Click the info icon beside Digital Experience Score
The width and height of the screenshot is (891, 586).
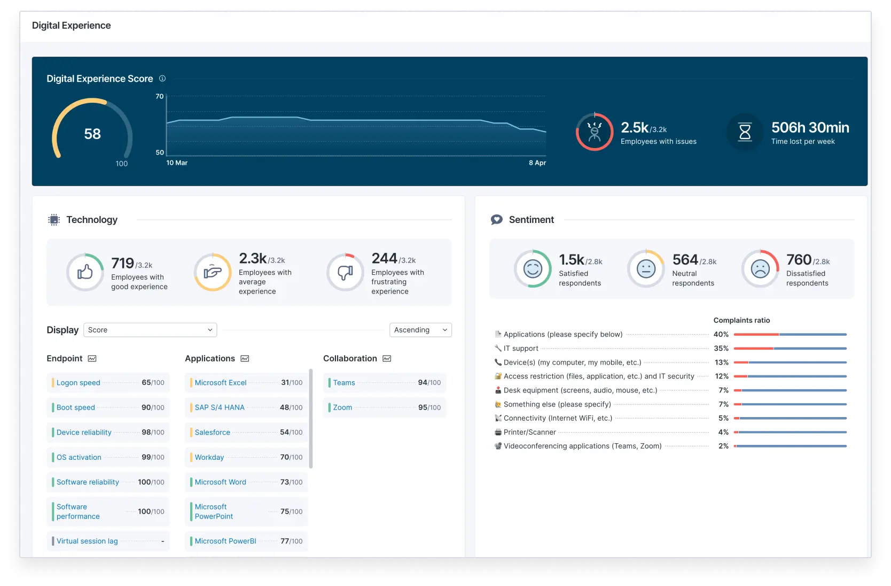[162, 79]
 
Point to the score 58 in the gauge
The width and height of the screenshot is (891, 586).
[92, 134]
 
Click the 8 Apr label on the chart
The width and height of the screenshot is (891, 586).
[537, 163]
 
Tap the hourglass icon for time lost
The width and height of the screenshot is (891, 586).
[745, 132]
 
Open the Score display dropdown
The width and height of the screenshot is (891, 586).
[150, 330]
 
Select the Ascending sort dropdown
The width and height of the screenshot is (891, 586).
[420, 330]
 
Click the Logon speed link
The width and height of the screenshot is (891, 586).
[79, 383]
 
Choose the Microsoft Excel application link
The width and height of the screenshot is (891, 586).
[221, 383]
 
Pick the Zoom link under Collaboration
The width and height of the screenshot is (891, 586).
[342, 407]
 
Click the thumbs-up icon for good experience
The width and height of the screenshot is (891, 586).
[85, 272]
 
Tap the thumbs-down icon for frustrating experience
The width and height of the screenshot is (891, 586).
[345, 273]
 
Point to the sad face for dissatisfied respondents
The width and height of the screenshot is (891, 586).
[760, 269]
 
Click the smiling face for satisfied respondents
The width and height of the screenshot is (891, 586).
[533, 269]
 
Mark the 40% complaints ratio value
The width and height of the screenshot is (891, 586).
[721, 334]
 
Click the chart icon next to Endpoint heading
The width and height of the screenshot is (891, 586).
[92, 358]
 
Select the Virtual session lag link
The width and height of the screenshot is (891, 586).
[87, 541]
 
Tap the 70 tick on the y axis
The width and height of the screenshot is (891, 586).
[160, 96]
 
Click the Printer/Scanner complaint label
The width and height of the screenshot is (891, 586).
[529, 432]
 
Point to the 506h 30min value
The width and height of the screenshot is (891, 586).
[810, 128]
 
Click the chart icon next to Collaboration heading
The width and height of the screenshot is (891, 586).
[387, 358]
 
